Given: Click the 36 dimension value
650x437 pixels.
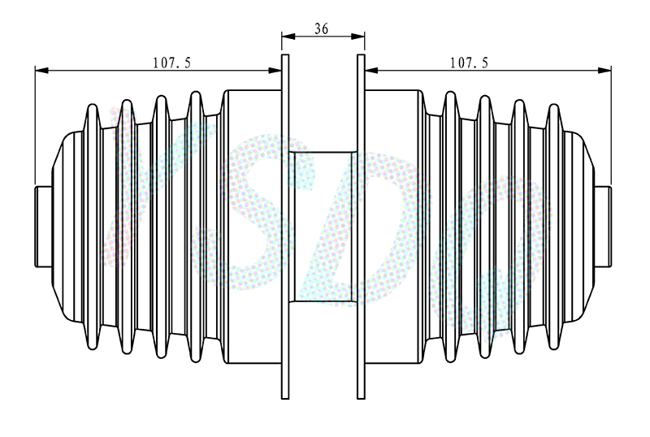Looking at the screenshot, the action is pyautogui.click(x=321, y=28).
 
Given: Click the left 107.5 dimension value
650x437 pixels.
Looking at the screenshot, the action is pyautogui.click(x=172, y=63).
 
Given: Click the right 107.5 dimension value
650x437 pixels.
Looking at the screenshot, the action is pyautogui.click(x=470, y=63).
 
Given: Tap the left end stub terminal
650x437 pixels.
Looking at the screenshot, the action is pyautogui.click(x=43, y=227).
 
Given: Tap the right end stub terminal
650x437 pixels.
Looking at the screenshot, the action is pyautogui.click(x=603, y=227).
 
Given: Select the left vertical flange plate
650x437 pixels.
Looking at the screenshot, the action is pyautogui.click(x=285, y=227).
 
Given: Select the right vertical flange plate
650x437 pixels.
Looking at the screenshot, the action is pyautogui.click(x=361, y=227).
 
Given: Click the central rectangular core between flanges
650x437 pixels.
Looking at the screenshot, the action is pyautogui.click(x=323, y=227).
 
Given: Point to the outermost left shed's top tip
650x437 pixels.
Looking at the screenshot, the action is pyautogui.click(x=93, y=105).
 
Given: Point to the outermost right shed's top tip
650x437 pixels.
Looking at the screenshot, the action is pyautogui.click(x=554, y=105).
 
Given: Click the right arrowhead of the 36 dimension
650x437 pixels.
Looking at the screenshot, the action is pyautogui.click(x=358, y=37).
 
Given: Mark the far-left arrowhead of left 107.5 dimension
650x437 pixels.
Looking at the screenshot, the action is pyautogui.click(x=41, y=71).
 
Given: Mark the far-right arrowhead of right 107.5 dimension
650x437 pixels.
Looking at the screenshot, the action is pyautogui.click(x=604, y=71).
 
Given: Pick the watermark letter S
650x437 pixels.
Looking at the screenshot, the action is pyautogui.click(x=253, y=211).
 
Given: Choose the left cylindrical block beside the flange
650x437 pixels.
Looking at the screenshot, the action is pyautogui.click(x=254, y=227).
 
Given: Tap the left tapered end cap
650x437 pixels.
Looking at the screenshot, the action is pyautogui.click(x=67, y=227).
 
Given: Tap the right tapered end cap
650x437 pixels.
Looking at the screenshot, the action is pyautogui.click(x=579, y=227).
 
